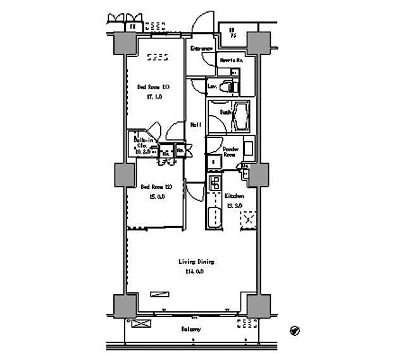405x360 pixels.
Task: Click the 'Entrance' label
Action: coord(201,48)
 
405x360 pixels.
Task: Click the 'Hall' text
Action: coord(196,125)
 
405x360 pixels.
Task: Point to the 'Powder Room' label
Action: coord(230,152)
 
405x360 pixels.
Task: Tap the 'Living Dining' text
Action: coord(196,261)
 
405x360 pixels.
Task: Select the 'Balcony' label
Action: coord(190,330)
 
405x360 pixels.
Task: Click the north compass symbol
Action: coord(294,330)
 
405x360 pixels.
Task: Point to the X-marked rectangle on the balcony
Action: coord(142,324)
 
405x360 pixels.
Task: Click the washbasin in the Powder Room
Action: coord(248,149)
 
